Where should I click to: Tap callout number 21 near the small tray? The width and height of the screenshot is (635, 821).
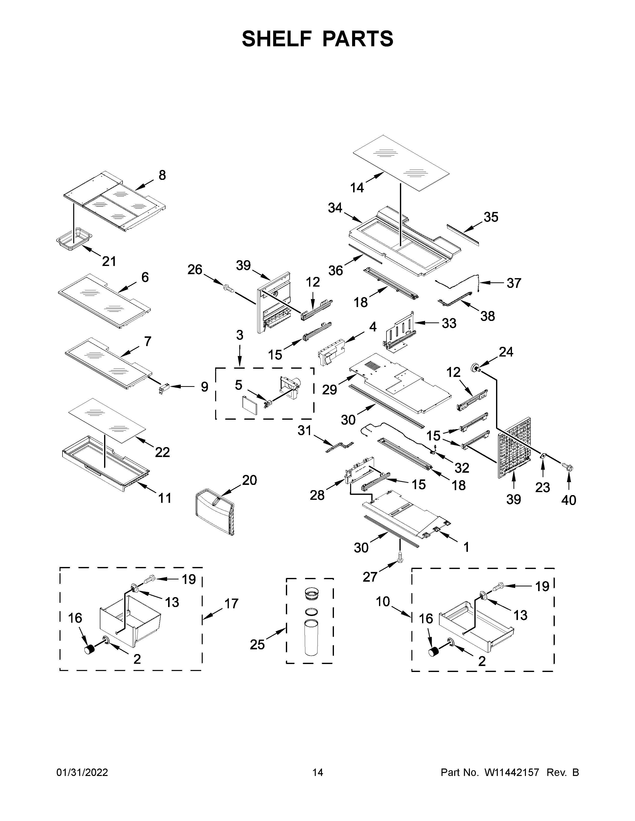(109, 261)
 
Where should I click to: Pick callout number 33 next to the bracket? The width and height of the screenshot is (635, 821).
(449, 323)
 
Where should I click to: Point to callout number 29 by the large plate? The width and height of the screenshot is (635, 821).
(329, 390)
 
